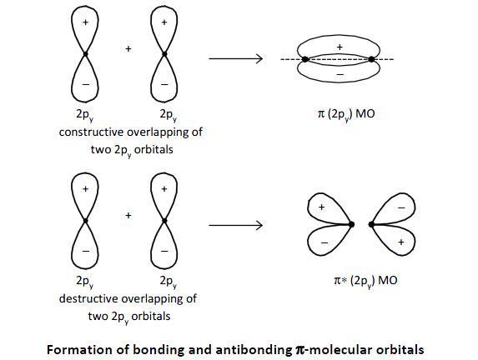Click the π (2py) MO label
pos(346,114)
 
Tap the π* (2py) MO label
pos(365,281)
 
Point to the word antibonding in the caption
pos(254,350)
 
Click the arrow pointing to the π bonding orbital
pos(235,58)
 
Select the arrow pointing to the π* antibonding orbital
pos(235,225)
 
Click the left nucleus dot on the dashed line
pos(304,59)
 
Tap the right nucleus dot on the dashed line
pos(371,59)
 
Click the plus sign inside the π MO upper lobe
pos(340,47)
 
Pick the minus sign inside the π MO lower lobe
pos(340,74)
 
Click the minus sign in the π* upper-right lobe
pos(401,208)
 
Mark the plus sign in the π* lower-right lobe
pos(401,242)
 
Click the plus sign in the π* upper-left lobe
pos(321,207)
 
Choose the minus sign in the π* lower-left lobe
pos(325,243)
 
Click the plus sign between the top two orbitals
pos(128,48)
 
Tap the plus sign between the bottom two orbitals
pos(128,216)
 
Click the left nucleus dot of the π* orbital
pos(351,224)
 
